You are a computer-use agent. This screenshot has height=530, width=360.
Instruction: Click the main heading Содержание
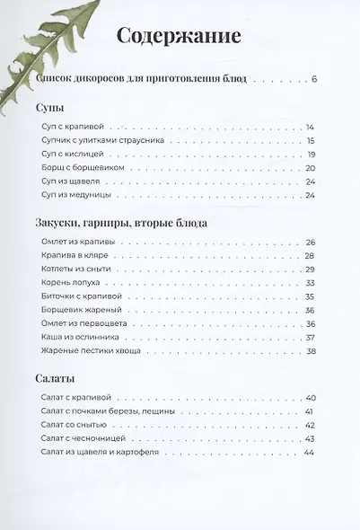click(x=179, y=37)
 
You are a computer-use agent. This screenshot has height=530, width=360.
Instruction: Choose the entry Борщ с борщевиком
click(x=85, y=167)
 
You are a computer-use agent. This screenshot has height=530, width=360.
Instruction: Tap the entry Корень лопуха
click(x=73, y=283)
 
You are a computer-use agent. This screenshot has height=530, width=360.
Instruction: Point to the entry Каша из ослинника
click(x=82, y=338)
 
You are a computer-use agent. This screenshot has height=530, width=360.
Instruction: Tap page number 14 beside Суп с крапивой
click(x=311, y=127)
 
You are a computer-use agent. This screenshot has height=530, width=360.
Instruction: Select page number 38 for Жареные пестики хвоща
click(x=311, y=351)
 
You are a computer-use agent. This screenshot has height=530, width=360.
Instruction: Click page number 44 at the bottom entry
click(x=311, y=452)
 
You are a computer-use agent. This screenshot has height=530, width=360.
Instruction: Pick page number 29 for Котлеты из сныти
click(x=311, y=269)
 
